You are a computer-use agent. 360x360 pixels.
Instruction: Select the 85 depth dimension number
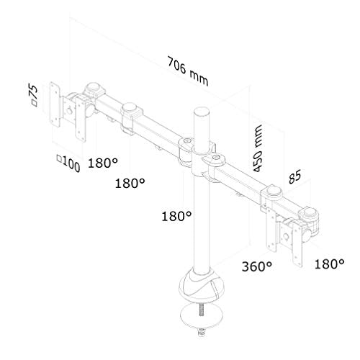pyautogui.click(x=294, y=177)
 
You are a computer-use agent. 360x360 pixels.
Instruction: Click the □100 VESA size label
pyautogui.click(x=66, y=163)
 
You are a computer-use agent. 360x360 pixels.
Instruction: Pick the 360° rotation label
pyautogui.click(x=258, y=266)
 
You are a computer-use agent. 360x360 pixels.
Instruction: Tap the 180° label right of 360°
pyautogui.click(x=330, y=264)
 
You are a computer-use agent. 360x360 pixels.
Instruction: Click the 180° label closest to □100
pyautogui.click(x=104, y=163)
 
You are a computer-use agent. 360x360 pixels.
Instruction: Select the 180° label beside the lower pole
pyautogui.click(x=177, y=215)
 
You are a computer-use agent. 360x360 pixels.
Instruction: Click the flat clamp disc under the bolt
pyautogui.click(x=203, y=317)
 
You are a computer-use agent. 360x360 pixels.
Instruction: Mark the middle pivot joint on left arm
pyautogui.click(x=130, y=115)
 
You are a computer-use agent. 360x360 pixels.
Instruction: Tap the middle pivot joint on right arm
pyautogui.click(x=274, y=195)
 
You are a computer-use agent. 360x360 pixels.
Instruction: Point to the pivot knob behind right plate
pyautogui.click(x=310, y=216)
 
